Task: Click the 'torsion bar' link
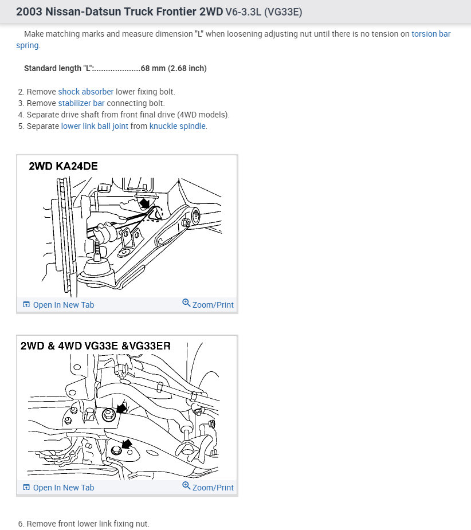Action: [x=431, y=34]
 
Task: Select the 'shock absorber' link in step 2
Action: [x=86, y=92]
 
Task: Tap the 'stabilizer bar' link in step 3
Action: [x=81, y=103]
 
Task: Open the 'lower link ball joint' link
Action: [x=95, y=126]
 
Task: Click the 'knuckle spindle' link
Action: [x=177, y=126]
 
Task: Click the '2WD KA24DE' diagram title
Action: [x=63, y=167]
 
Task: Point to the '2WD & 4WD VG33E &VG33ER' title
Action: [x=95, y=346]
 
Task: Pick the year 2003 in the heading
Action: [x=29, y=11]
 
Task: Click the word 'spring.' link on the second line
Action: [x=28, y=45]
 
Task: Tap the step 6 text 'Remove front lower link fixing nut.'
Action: [x=88, y=524]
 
